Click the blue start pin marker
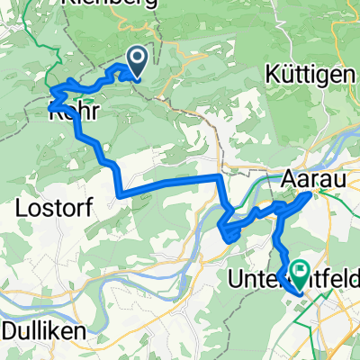138,61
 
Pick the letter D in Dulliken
10,331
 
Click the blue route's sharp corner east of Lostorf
120,193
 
